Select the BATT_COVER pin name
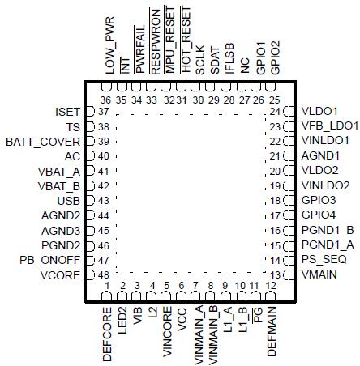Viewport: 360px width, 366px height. pos(43,141)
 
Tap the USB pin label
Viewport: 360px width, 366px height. pos(67,200)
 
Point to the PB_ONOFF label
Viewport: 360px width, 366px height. pos(49,260)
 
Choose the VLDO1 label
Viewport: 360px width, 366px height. pos(318,111)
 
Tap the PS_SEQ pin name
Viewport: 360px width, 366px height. pos(324,260)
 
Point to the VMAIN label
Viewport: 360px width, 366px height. pos(319,275)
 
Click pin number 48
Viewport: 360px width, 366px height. pos(103,275)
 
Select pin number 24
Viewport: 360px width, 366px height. pos(274,111)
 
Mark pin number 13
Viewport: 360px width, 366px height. pos(274,275)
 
